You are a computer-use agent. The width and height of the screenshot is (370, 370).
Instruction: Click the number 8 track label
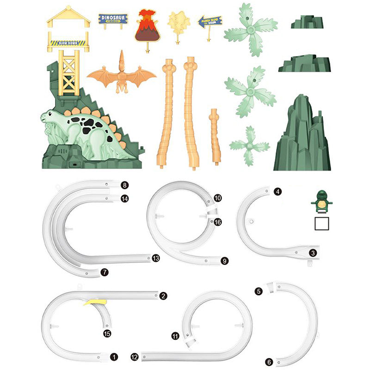pos(124,185)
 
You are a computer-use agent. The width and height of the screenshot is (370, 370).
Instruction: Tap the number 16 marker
pos(218,222)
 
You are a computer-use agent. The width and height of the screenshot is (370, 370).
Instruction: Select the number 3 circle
pos(313,253)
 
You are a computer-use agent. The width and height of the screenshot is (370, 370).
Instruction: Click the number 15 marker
pos(107,333)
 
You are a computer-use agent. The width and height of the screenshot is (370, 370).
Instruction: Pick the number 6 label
pos(269,362)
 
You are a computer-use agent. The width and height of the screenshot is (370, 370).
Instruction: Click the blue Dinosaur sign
pos(113,19)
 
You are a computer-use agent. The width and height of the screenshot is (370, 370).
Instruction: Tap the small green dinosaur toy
pos(321,200)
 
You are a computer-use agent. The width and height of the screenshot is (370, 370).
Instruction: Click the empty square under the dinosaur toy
pos(321,223)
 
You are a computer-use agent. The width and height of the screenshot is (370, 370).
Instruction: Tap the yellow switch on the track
pos(95,302)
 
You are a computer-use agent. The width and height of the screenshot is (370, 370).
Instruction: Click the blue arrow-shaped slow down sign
pos(210,21)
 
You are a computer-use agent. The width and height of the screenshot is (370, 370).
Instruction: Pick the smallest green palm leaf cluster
pos(249,146)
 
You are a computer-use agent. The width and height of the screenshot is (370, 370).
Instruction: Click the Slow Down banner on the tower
pos(69,42)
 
